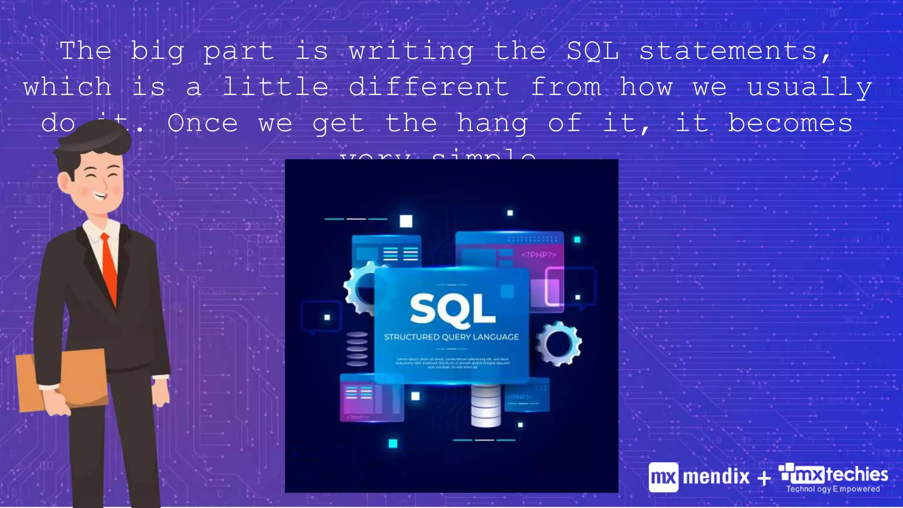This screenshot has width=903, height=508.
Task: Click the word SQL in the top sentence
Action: [593, 51]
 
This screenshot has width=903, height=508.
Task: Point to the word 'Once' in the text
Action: [202, 123]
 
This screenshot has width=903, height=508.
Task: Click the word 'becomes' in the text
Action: [790, 123]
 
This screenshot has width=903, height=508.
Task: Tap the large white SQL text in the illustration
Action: [452, 309]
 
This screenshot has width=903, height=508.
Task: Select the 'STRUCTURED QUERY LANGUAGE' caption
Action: [451, 337]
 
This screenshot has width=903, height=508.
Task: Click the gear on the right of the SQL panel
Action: [559, 344]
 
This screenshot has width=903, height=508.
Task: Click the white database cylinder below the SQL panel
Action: [486, 406]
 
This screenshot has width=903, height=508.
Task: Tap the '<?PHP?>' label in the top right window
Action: [538, 255]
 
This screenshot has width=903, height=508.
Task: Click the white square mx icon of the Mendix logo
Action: [663, 477]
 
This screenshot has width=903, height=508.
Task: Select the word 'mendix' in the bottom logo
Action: [716, 477]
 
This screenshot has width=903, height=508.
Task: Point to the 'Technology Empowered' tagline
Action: [833, 489]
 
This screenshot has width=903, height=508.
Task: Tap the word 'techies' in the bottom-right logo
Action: [857, 474]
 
